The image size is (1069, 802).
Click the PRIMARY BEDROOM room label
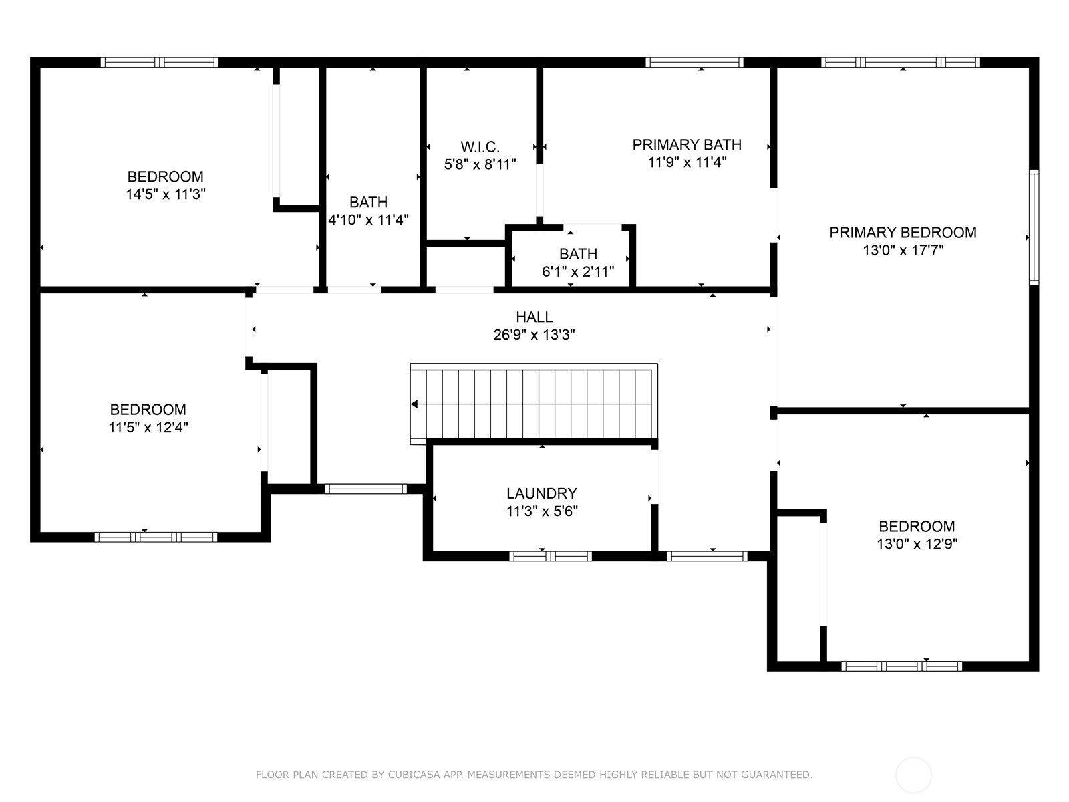pos(903,233)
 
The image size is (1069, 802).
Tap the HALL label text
pos(534,317)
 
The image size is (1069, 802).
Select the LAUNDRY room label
pos(542,493)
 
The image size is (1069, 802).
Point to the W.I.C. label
pos(480,146)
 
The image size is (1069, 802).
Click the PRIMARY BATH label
pos(687,144)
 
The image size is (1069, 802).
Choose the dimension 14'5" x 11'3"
pos(166,194)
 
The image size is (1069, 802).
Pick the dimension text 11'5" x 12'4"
pos(148,427)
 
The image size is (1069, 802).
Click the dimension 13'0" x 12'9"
pos(917,543)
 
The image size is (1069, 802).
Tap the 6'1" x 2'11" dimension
pos(578,271)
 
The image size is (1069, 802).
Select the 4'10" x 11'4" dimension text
pos(368,220)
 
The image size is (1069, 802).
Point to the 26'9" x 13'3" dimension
pos(534,335)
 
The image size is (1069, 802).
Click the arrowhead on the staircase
pos(414,404)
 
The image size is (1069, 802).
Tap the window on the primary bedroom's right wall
pos(1034,227)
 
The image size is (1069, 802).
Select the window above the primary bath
pos(694,62)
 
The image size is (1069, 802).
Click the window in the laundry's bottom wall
pos(551,556)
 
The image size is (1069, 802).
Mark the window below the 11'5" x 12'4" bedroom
pos(156,537)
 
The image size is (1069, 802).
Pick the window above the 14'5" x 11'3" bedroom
pos(159,62)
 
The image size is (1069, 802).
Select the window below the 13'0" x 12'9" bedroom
pos(901,666)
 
